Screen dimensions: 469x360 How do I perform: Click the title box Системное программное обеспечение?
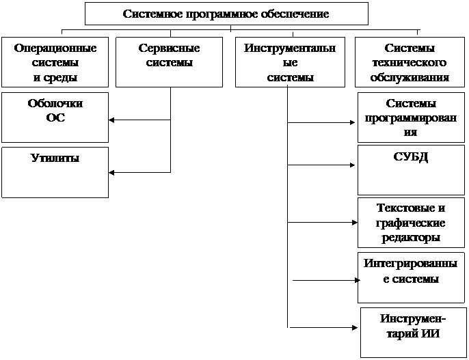click(226, 14)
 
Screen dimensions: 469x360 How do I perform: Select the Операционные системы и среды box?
click(55, 62)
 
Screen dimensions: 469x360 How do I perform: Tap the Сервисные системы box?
click(169, 62)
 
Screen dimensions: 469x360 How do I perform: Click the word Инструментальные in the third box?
click(290, 55)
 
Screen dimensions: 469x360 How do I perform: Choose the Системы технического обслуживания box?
click(410, 62)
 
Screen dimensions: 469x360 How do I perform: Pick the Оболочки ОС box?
click(55, 117)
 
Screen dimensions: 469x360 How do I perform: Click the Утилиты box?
click(55, 172)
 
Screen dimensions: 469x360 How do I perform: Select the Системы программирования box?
click(411, 117)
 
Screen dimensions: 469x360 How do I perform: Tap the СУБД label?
click(411, 157)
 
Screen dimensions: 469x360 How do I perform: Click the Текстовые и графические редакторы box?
click(411, 223)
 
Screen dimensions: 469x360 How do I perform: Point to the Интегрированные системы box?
click(411, 278)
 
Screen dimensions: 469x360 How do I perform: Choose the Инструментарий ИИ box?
click(414, 333)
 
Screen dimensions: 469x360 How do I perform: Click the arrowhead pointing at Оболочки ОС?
click(111, 120)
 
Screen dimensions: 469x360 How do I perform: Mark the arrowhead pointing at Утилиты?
click(111, 173)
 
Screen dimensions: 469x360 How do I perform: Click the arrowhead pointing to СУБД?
click(352, 165)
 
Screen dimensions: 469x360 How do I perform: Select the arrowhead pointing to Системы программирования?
click(352, 122)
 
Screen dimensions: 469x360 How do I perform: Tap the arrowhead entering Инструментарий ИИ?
click(355, 328)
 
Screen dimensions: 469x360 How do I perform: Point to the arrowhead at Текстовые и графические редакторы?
click(355, 223)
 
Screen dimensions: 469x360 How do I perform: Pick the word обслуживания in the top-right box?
click(410, 77)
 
